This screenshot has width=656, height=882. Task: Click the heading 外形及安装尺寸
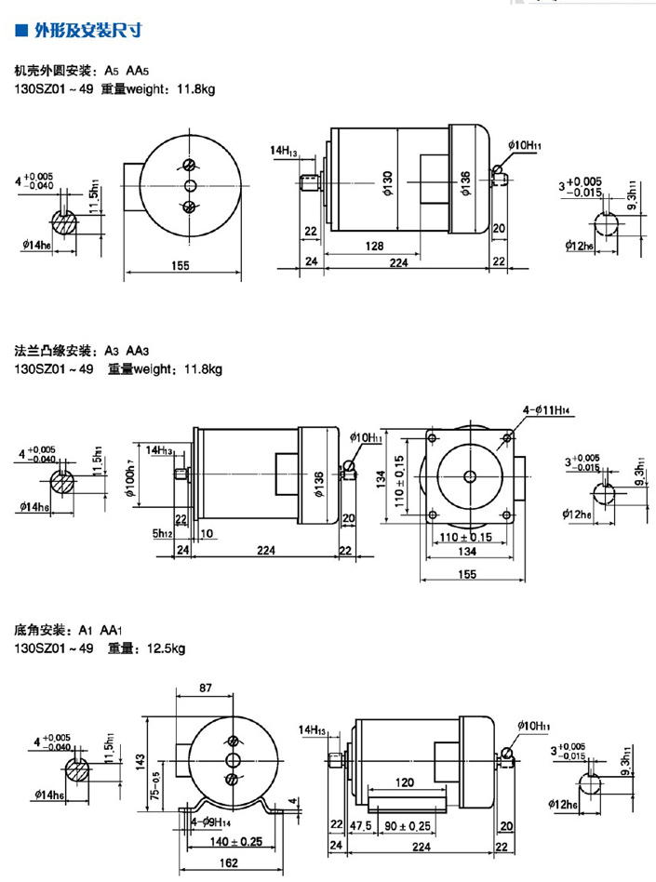88,31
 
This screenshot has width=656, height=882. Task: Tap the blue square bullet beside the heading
21,31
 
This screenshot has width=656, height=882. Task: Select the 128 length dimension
374,246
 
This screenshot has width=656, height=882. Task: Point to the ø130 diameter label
389,182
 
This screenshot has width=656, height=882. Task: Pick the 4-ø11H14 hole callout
549,408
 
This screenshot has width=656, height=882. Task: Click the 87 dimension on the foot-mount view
206,688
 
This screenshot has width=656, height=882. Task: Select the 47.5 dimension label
360,824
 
